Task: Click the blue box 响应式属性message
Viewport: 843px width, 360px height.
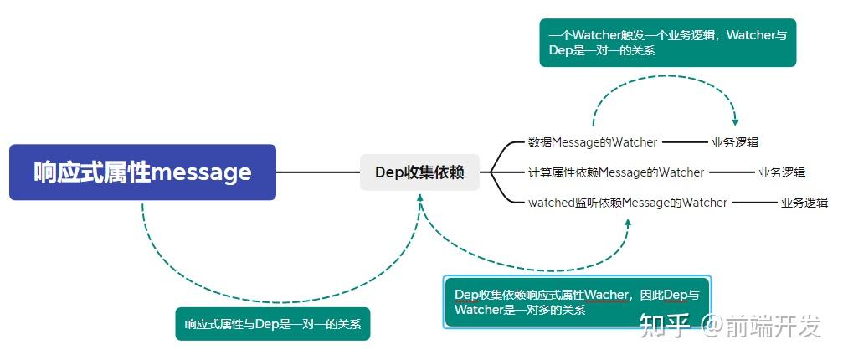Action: tap(142, 172)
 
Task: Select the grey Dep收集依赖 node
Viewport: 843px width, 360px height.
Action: tap(419, 172)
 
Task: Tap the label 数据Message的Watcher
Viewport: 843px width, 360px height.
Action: tap(593, 142)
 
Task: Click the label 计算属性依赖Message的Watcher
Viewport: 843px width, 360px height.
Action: tap(616, 172)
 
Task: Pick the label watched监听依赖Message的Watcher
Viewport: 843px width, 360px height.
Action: tap(628, 203)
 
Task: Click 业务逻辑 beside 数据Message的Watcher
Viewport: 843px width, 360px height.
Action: tap(735, 142)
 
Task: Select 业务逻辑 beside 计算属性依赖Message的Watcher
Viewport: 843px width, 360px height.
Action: tap(782, 172)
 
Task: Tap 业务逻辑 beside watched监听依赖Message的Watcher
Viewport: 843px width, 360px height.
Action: tap(804, 203)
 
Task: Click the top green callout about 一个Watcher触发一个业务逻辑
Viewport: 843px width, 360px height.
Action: tap(667, 43)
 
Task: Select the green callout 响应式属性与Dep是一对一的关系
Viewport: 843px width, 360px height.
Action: tap(272, 324)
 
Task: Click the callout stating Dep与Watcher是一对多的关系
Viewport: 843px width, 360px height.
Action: tap(576, 302)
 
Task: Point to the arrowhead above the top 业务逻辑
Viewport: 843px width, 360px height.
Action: tap(735, 121)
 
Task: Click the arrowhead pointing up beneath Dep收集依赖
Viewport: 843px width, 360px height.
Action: tap(419, 198)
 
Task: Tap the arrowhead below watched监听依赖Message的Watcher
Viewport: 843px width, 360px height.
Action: tap(628, 223)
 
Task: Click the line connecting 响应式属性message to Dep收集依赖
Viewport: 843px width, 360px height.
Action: tap(318, 172)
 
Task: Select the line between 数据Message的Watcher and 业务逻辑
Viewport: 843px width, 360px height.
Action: tap(685, 142)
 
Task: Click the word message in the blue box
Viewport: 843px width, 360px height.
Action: tap(201, 172)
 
